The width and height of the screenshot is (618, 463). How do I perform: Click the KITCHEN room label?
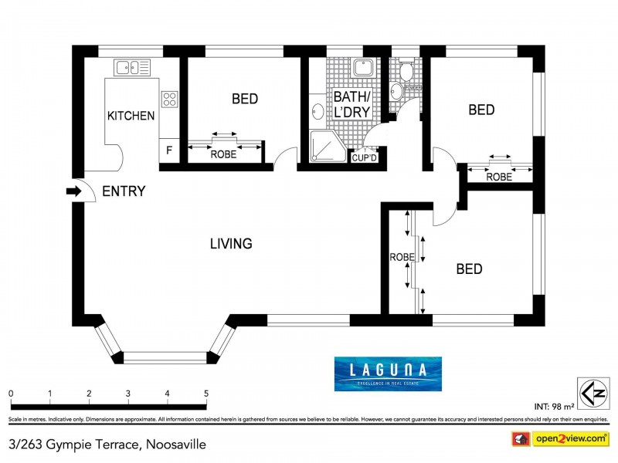pyautogui.click(x=131, y=116)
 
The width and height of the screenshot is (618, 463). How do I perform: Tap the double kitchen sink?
pyautogui.click(x=132, y=67)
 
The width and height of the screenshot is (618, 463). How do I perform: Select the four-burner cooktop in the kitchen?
pyautogui.click(x=169, y=99)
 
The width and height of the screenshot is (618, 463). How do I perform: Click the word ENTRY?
pyautogui.click(x=124, y=191)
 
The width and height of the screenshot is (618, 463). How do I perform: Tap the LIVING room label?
pyautogui.click(x=231, y=244)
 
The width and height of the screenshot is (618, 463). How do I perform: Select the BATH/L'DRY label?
pyautogui.click(x=352, y=104)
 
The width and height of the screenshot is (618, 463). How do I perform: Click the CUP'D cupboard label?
pyautogui.click(x=364, y=158)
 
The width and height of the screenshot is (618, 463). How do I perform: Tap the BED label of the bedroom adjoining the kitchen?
pyautogui.click(x=244, y=99)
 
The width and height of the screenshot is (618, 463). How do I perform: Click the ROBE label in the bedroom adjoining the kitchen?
pyautogui.click(x=223, y=154)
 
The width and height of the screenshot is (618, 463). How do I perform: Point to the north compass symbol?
pyautogui.click(x=588, y=389)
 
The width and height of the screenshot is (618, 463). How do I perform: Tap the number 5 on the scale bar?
pyautogui.click(x=206, y=394)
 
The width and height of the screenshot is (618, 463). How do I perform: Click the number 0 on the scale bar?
pyautogui.click(x=11, y=394)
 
